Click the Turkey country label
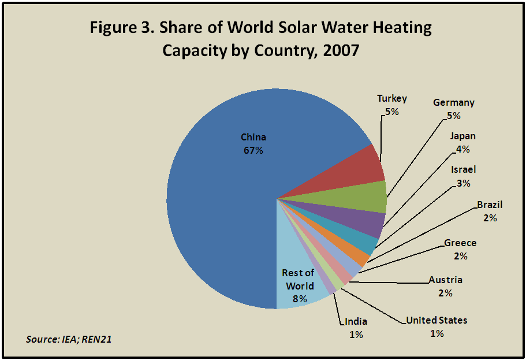[x=392, y=98]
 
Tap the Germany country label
[x=454, y=102]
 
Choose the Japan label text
[x=462, y=136]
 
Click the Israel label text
[x=463, y=170]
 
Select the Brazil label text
[x=490, y=205]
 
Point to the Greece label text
[x=460, y=243]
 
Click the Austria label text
[x=445, y=280]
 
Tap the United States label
[x=437, y=320]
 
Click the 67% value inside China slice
[x=253, y=150]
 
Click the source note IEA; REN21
[x=69, y=339]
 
